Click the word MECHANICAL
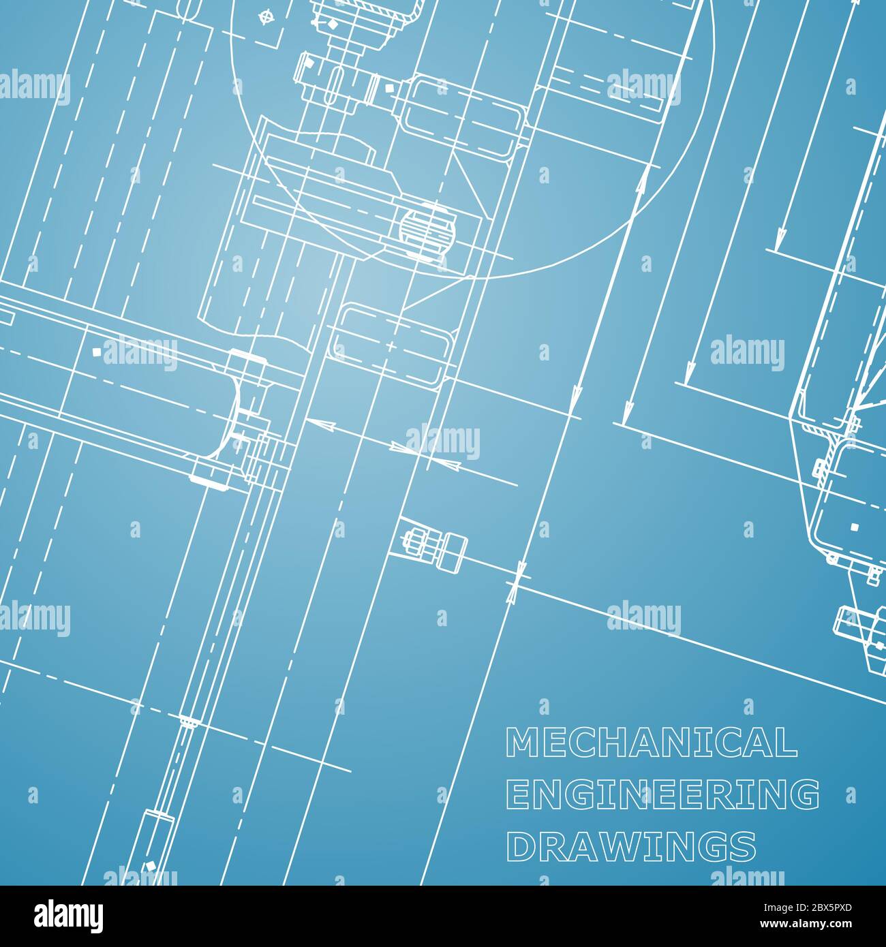[651, 743]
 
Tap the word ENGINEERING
[664, 794]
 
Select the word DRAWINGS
[631, 846]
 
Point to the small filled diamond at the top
[333, 24]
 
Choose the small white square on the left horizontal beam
[96, 352]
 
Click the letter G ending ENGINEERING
[806, 794]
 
